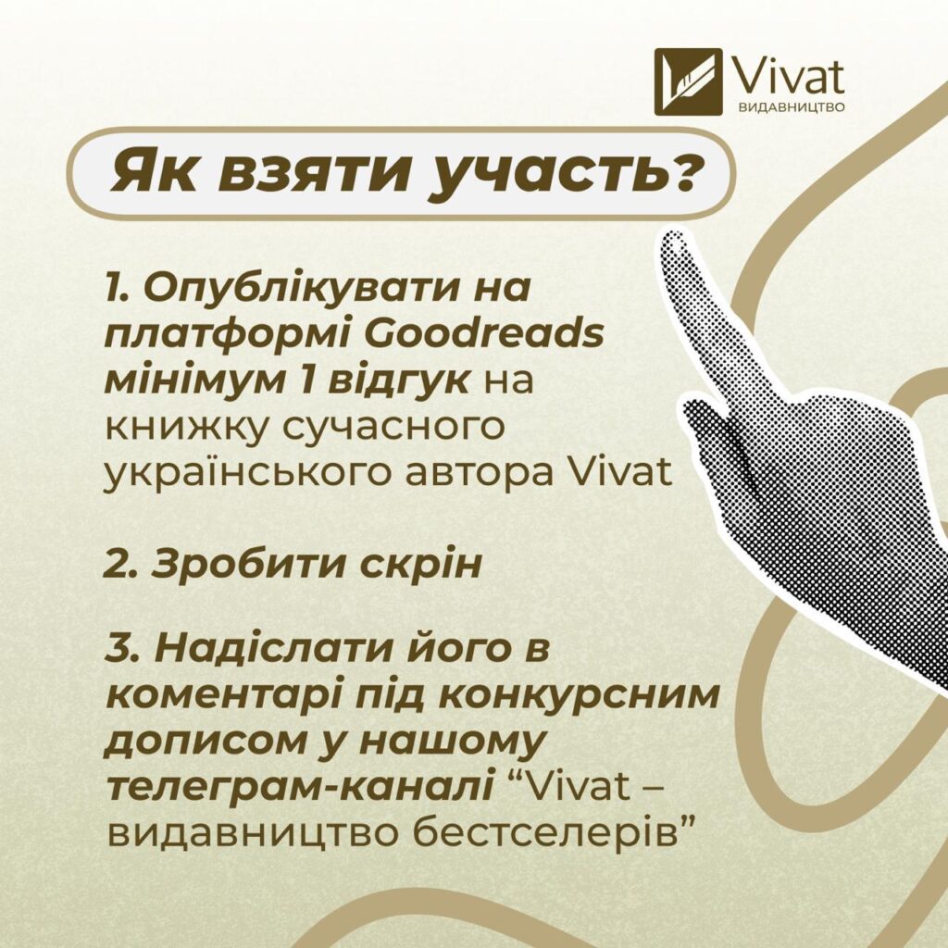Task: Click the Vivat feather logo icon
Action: coord(689,82)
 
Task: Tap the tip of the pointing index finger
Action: coord(673,240)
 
